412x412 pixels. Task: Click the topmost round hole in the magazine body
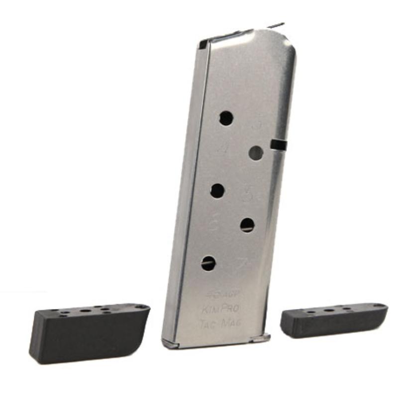point(226,118)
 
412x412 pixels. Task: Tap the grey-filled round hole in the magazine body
point(256,153)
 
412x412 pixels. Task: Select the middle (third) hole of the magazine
point(217,191)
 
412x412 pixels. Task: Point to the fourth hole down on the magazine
point(247,225)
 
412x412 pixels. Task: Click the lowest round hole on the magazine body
point(208,263)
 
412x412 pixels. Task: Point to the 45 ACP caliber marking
point(219,297)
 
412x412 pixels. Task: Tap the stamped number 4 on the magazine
point(224,148)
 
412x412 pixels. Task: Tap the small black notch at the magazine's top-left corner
point(203,45)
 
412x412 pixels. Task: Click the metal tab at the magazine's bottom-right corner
point(261,338)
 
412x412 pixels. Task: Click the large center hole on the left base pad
point(86,311)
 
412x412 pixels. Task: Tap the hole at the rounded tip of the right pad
point(379,306)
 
